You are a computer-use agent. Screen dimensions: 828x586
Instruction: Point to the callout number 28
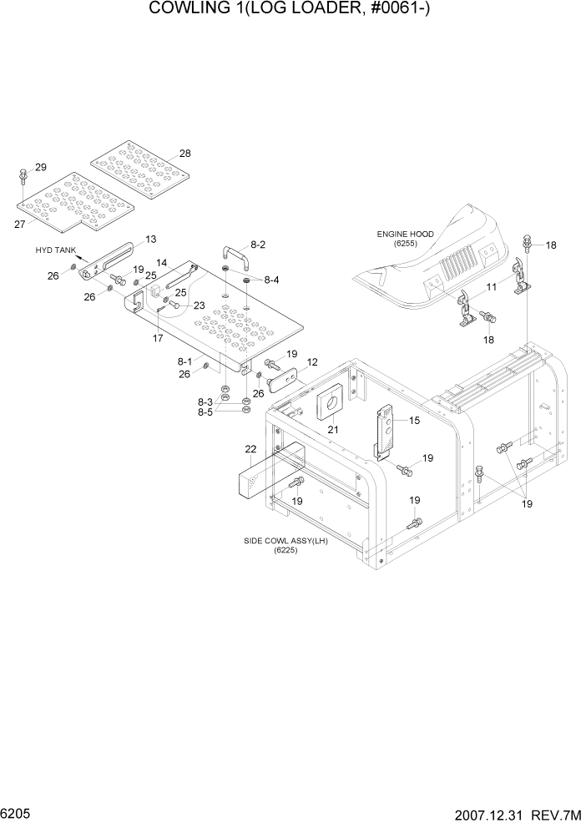(184, 154)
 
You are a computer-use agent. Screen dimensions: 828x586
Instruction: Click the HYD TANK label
(53, 250)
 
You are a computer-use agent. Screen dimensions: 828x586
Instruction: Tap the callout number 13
(151, 239)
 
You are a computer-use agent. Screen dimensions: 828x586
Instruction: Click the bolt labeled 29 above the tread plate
(22, 178)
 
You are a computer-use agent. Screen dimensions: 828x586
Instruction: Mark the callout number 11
(492, 286)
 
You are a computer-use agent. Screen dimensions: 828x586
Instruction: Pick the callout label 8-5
(205, 411)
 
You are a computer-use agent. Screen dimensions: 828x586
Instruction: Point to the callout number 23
(199, 305)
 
